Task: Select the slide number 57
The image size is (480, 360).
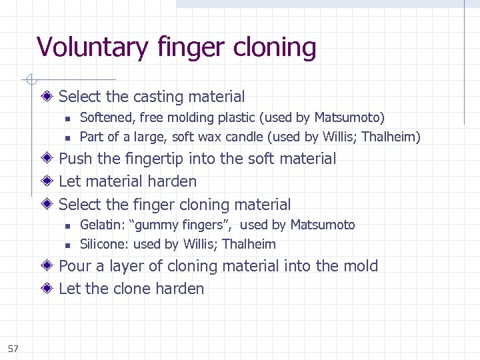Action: click(x=14, y=349)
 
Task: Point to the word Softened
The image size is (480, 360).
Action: click(x=107, y=118)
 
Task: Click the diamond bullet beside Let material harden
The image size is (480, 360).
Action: click(x=50, y=181)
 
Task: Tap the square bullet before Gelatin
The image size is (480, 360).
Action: click(x=67, y=226)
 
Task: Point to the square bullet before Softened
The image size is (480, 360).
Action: click(x=67, y=119)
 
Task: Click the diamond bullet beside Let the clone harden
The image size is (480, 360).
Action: click(x=50, y=289)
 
